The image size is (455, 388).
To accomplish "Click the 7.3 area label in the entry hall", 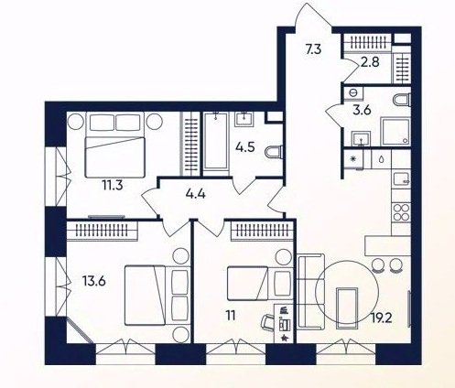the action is pos(313,49).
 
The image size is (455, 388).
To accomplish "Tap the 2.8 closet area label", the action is pos(370,62).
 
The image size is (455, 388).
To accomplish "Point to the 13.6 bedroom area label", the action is pos(94,281).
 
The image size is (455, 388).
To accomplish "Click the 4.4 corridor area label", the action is pos(195,193).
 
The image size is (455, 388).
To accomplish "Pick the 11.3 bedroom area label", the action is pos(113,185).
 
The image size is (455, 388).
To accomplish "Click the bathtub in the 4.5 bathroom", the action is pos(216,141).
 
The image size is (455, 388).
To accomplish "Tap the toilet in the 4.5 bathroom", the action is pos(274,152).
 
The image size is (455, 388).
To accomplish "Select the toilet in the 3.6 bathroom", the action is pos(402,100).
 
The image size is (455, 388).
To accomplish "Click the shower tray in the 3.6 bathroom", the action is pos(395,132).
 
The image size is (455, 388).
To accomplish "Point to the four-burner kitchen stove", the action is pos(401,212).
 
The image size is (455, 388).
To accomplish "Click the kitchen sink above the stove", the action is pos(401,179).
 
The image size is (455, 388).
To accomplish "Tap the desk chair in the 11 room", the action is pos(267,322).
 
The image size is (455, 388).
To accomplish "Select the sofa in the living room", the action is pos(310,292).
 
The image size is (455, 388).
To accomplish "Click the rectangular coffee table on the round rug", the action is pos(347,307).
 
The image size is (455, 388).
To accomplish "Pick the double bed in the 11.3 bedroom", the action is pos(114,145).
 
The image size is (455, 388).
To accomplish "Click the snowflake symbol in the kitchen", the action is pos(353,159).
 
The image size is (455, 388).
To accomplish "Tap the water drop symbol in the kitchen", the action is pos(382,159).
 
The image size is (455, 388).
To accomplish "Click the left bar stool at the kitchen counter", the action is pos(379,264).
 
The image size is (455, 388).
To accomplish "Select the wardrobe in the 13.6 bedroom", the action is pos(102,230).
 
